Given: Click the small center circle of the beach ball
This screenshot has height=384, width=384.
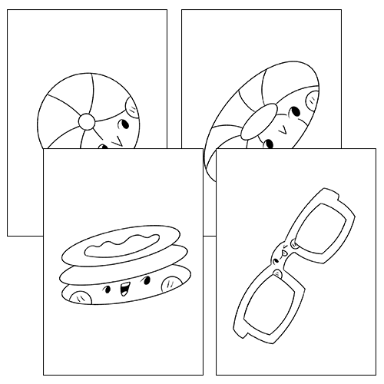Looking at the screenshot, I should (x=86, y=121).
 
